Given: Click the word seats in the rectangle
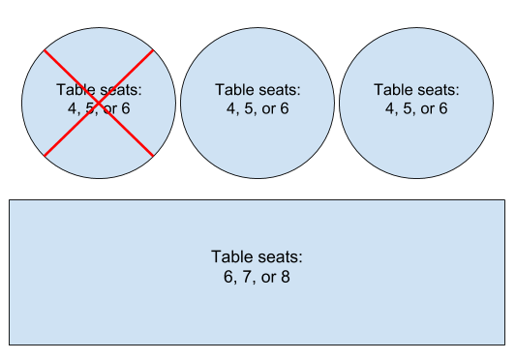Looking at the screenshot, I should pos(280,257).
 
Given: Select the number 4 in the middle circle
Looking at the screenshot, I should pos(231,108).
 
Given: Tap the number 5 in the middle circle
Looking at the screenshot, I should pos(250,108).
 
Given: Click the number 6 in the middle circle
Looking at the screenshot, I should pos(284,108).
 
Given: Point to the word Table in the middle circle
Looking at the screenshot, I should pos(233,89).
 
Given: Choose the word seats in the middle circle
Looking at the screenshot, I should pos(281,89).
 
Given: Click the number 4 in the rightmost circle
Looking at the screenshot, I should pos(391,108).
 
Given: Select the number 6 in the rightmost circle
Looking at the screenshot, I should pos(443,108).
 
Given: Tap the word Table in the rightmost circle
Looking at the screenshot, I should pos(393,89).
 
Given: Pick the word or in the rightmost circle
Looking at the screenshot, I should pos(427,108).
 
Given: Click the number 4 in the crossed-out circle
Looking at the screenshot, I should pos(72,108).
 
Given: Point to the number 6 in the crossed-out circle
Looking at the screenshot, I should pos(124,108).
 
